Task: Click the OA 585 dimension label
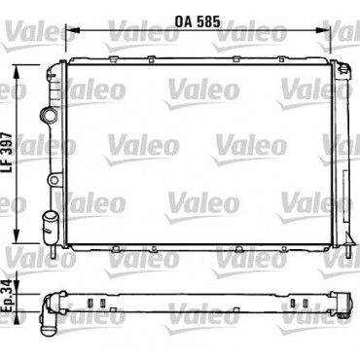[x=198, y=21]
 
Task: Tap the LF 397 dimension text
[x=7, y=153]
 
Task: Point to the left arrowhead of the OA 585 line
[x=72, y=30]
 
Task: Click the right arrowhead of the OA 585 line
[x=323, y=30]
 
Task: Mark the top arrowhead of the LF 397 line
[x=17, y=71]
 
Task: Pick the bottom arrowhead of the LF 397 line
[x=17, y=236]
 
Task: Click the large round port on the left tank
[x=49, y=115]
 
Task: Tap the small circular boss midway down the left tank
[x=54, y=180]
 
